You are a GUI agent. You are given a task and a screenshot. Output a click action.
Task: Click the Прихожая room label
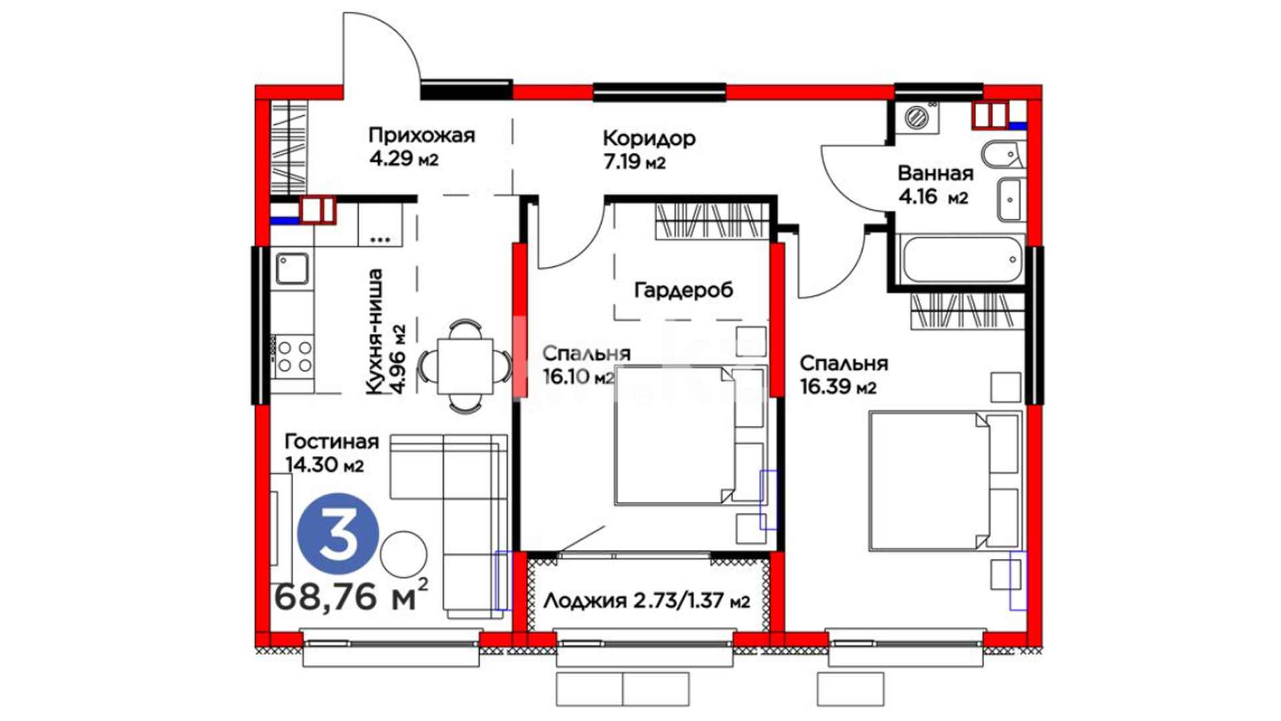click(x=422, y=136)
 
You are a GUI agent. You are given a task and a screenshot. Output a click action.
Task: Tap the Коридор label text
click(x=649, y=138)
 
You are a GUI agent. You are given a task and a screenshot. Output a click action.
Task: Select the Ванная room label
click(x=935, y=174)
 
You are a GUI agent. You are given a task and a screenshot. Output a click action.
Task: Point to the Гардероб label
click(x=683, y=290)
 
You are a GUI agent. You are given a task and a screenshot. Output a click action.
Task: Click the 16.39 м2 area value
click(x=838, y=387)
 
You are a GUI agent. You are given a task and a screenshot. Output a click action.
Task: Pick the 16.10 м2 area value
click(x=577, y=377)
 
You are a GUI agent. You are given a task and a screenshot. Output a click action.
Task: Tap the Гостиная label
click(x=332, y=442)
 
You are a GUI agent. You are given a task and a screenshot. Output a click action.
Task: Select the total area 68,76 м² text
click(x=351, y=595)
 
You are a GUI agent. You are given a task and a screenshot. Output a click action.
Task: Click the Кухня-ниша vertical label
click(x=376, y=331)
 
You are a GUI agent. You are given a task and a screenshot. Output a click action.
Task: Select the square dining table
click(x=465, y=366)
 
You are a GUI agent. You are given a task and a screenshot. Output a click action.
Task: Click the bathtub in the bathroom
click(x=960, y=259)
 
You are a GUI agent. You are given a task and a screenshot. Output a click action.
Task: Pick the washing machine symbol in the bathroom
click(x=917, y=117)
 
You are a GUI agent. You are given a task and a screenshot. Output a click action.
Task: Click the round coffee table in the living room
click(x=404, y=554)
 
